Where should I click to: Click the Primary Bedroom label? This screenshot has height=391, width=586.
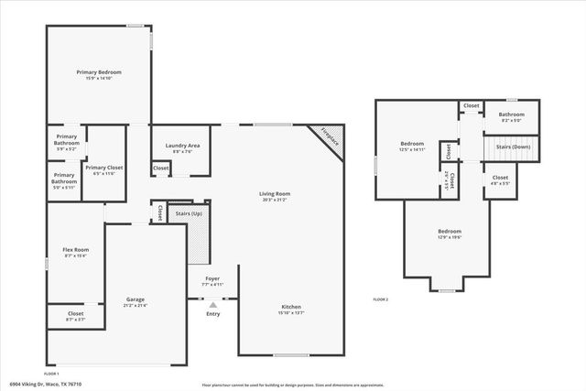click(103, 72)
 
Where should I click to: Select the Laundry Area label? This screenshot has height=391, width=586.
click(182, 146)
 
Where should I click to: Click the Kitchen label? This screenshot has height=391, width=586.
click(291, 307)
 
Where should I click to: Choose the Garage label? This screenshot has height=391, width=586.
click(136, 299)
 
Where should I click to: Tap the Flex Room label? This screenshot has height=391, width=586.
click(75, 250)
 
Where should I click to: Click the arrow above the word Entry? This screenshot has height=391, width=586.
click(212, 305)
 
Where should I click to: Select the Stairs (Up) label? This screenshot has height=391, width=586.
click(189, 212)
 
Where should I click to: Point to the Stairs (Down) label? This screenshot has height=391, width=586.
click(513, 147)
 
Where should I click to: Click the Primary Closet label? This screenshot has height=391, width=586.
click(103, 168)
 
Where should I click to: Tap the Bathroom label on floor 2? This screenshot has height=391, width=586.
click(511, 114)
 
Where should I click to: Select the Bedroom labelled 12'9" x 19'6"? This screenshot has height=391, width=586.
click(449, 232)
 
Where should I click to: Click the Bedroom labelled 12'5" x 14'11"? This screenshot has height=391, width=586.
click(412, 145)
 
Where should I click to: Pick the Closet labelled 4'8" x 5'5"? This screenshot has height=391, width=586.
click(500, 178)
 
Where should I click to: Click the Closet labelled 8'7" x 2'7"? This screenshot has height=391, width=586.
click(75, 314)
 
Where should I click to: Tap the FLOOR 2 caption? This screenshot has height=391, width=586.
click(380, 299)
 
